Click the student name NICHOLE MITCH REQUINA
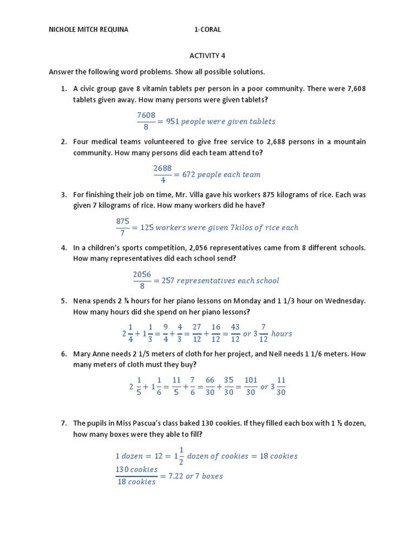[x=89, y=30]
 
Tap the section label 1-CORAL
[x=207, y=30]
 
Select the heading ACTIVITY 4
[x=207, y=56]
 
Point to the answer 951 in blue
[x=172, y=122]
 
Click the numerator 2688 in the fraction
[x=163, y=168]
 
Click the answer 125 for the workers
[x=147, y=227]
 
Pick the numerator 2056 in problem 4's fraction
[x=142, y=274]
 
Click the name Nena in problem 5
[x=82, y=300]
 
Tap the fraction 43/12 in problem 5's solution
[x=235, y=333]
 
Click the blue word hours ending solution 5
[x=282, y=334]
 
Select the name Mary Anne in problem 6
[x=91, y=354]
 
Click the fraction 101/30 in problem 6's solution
[x=251, y=387]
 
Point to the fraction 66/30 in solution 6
[x=210, y=387]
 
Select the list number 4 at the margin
[x=63, y=248]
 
